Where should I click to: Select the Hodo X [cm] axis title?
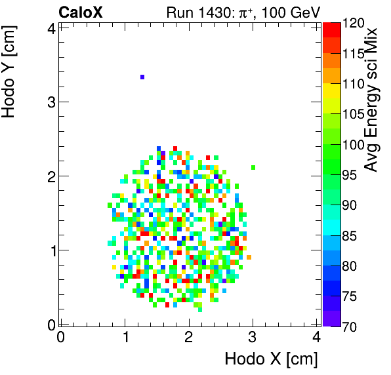pos(271,359)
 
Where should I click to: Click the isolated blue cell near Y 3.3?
pos(142,77)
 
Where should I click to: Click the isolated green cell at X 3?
pos(253,167)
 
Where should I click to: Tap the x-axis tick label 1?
pos(125,336)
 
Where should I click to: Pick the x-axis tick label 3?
pos(253,336)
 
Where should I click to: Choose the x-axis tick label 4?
pos(317,336)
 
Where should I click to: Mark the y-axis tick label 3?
pos(49,102)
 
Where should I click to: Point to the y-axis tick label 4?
pos(49,28)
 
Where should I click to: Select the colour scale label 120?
pos(353,24)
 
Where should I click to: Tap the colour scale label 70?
pos(350,326)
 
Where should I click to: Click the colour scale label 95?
pos(350,175)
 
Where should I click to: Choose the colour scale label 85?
pos(350,235)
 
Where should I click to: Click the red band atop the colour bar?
pos(331,29)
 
